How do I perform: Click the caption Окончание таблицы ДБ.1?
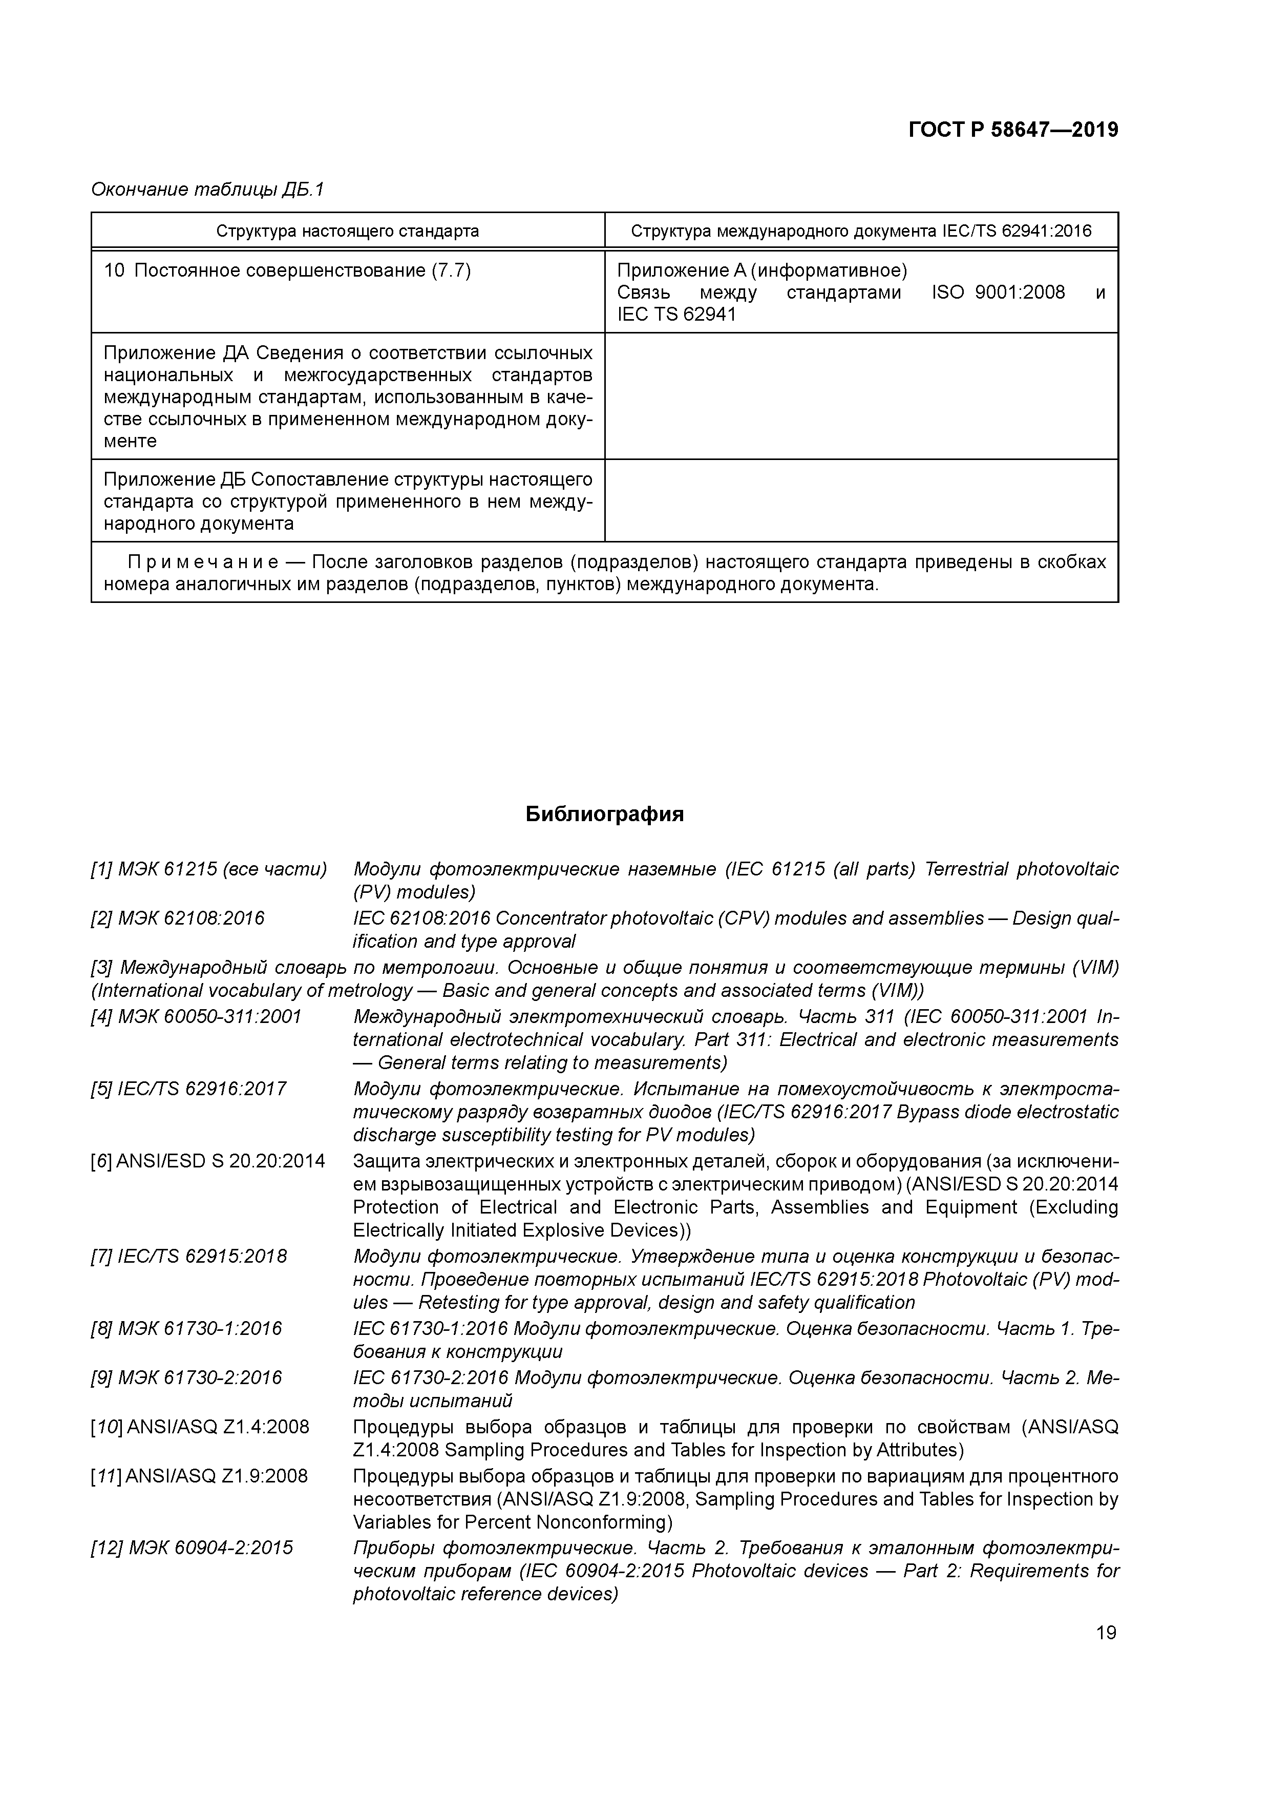click(207, 190)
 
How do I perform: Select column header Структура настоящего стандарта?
click(347, 231)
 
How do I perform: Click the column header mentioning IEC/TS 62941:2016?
click(861, 231)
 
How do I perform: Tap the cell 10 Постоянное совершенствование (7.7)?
click(287, 271)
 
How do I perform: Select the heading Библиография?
click(604, 814)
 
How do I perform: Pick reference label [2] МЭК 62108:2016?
click(178, 918)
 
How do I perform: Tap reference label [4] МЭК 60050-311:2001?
click(196, 1017)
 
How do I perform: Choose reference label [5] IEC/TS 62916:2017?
click(188, 1089)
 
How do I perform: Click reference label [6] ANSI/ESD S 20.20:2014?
click(207, 1161)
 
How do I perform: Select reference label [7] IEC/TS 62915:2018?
click(188, 1256)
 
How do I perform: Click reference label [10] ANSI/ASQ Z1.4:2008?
click(200, 1427)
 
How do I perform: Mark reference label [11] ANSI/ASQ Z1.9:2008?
click(199, 1476)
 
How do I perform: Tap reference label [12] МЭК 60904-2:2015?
click(192, 1548)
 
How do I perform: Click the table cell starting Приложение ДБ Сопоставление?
click(347, 501)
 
